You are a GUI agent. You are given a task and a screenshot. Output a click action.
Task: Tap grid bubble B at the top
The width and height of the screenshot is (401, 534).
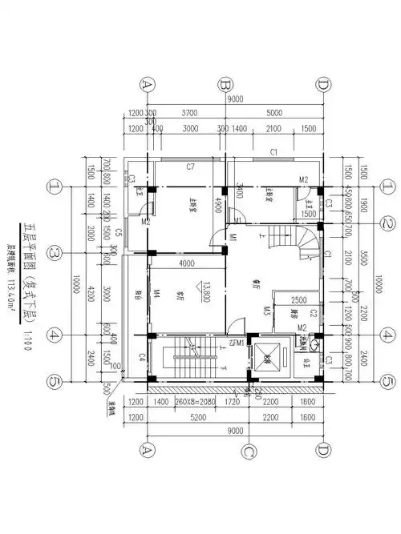click(x=226, y=84)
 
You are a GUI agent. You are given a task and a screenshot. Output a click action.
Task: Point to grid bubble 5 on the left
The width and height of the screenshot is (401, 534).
click(x=55, y=381)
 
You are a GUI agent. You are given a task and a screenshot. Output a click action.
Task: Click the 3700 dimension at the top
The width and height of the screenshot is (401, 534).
click(x=190, y=114)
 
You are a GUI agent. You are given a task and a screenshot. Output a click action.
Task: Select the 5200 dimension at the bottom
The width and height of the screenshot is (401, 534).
click(x=190, y=418)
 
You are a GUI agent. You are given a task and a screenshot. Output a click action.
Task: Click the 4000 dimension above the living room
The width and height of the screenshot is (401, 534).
click(x=187, y=263)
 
